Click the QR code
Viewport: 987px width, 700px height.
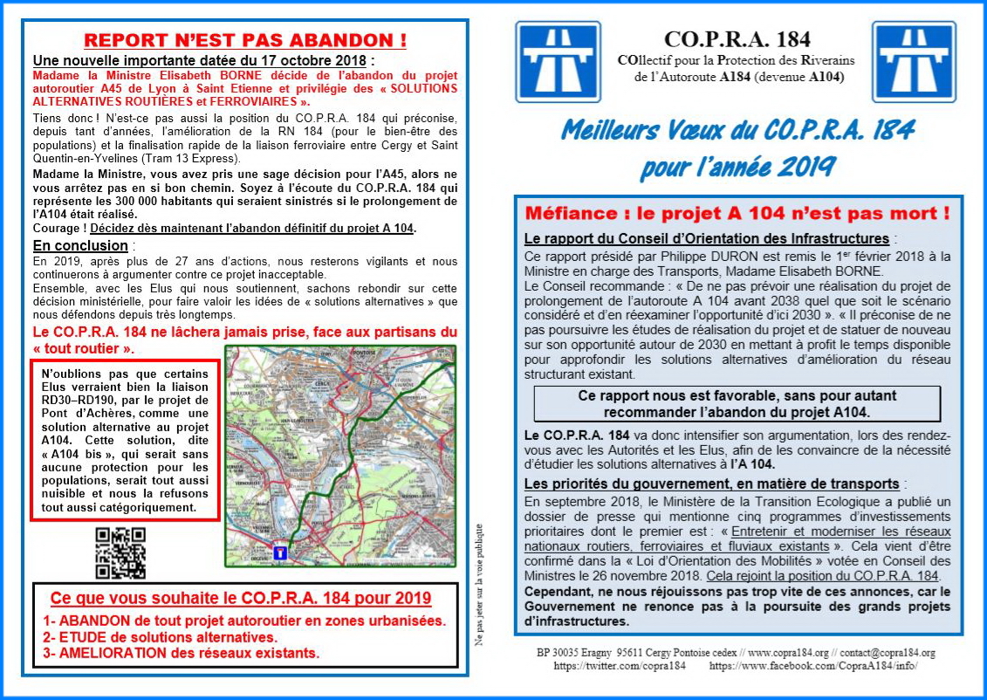[x=120, y=553]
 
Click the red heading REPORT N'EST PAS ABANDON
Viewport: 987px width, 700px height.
[x=245, y=40]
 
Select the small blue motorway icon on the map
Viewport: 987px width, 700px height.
[x=279, y=552]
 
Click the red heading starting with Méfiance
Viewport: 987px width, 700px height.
[x=737, y=213]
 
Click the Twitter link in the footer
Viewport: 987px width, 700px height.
[x=620, y=665]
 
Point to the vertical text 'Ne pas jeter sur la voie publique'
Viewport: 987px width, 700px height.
[x=479, y=584]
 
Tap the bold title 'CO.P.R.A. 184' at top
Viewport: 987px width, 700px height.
[x=737, y=39]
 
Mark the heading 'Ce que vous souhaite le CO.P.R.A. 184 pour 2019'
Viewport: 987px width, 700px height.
[x=241, y=599]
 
